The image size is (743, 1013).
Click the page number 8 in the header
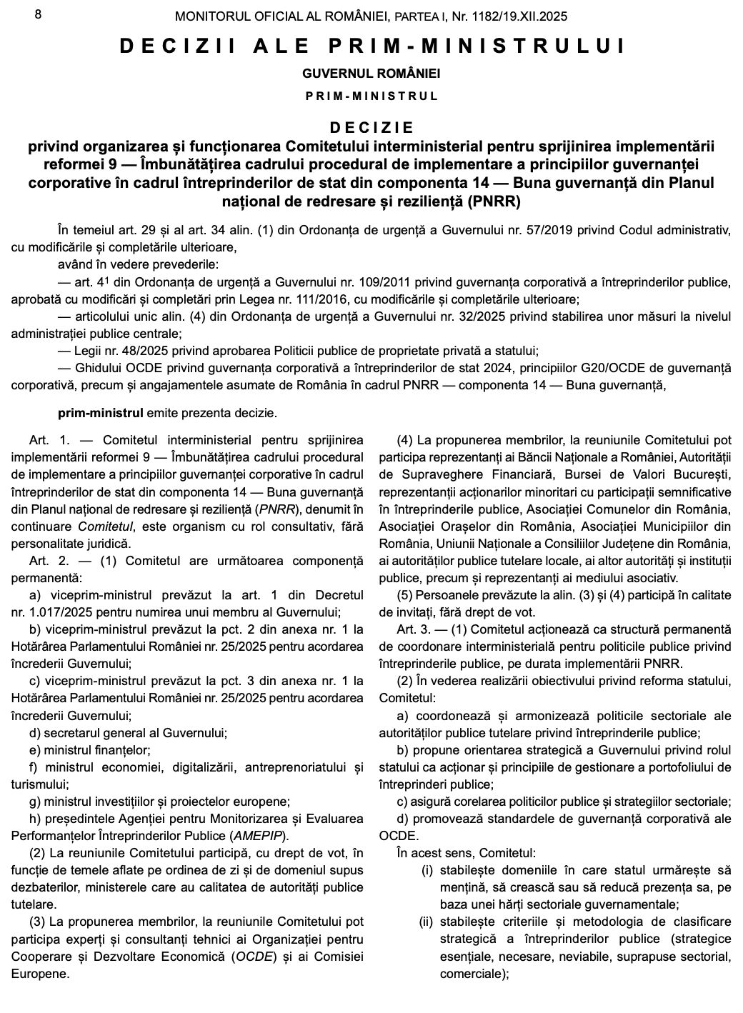pos(38,14)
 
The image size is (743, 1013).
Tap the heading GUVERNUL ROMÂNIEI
pos(371,73)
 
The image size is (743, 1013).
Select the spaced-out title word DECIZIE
pos(371,127)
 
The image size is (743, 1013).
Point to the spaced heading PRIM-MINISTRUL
pos(371,96)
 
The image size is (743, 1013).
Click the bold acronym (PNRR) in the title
pos(494,201)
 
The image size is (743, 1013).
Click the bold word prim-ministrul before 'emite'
pos(101,413)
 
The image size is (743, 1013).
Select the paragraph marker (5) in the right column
pos(404,594)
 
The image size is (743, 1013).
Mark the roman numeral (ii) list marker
pos(426,921)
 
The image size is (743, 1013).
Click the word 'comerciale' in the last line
pos(471,973)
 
